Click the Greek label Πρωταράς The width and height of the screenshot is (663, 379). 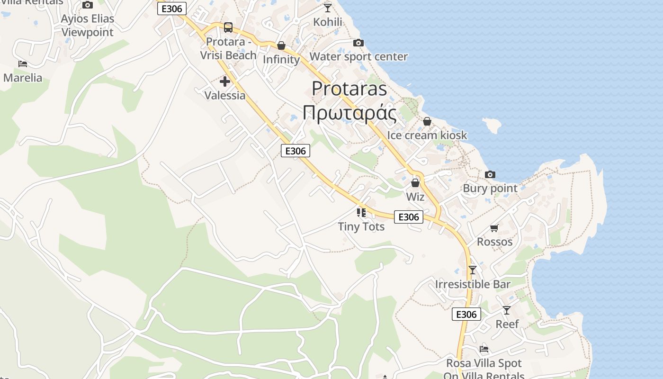tap(349, 113)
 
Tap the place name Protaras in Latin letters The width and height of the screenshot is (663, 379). tap(349, 89)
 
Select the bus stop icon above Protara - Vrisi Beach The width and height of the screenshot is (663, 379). tap(228, 27)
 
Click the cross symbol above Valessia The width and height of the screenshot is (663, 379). tap(225, 81)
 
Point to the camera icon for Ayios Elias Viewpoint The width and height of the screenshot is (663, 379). tap(88, 5)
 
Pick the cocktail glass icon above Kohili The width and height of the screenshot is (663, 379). tap(327, 8)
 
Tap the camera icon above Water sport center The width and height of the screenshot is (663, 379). tap(358, 43)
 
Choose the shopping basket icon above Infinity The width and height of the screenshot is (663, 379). tap(281, 45)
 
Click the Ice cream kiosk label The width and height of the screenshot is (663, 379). tap(427, 135)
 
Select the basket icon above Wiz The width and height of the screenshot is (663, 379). tap(415, 183)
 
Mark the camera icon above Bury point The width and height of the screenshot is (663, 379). tap(490, 175)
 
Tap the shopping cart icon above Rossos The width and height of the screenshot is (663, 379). tap(494, 228)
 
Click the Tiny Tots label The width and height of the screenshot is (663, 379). tap(361, 226)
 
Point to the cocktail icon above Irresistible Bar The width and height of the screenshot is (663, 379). tap(472, 271)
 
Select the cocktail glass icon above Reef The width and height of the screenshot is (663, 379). tap(507, 310)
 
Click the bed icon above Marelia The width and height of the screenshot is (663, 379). tap(23, 64)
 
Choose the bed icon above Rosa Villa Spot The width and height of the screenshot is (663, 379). tap(484, 349)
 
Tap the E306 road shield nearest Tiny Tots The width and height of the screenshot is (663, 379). tap(409, 217)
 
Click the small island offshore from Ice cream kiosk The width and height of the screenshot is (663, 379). tap(492, 125)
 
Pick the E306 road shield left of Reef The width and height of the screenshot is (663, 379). tap(466, 314)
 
